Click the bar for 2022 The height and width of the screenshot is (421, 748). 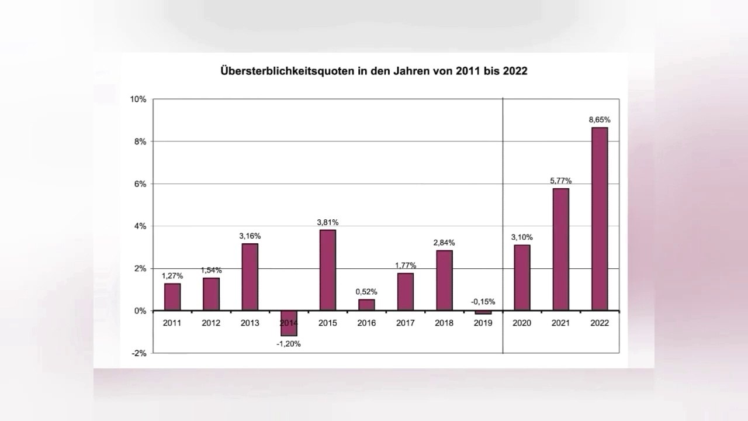coord(600,219)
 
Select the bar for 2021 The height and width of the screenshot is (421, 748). coord(560,250)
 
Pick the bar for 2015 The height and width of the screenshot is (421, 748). coord(328,270)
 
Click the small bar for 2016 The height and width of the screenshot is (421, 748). coord(366,305)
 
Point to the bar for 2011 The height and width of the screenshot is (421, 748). coord(172,297)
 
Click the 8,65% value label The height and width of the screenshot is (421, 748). coord(600,119)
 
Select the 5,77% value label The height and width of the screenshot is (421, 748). coord(560,181)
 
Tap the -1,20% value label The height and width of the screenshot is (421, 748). coord(289,344)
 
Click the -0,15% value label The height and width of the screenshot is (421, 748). coord(483,302)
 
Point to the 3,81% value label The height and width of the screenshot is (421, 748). coord(328,222)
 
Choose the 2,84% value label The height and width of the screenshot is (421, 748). coord(444,243)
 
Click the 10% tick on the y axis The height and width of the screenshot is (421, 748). coord(138,99)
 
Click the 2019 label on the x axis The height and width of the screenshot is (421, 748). coord(483,323)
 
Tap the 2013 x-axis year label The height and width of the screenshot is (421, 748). coord(250,323)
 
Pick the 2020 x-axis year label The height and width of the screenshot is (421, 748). coord(522,323)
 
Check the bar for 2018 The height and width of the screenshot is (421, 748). coord(444,281)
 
